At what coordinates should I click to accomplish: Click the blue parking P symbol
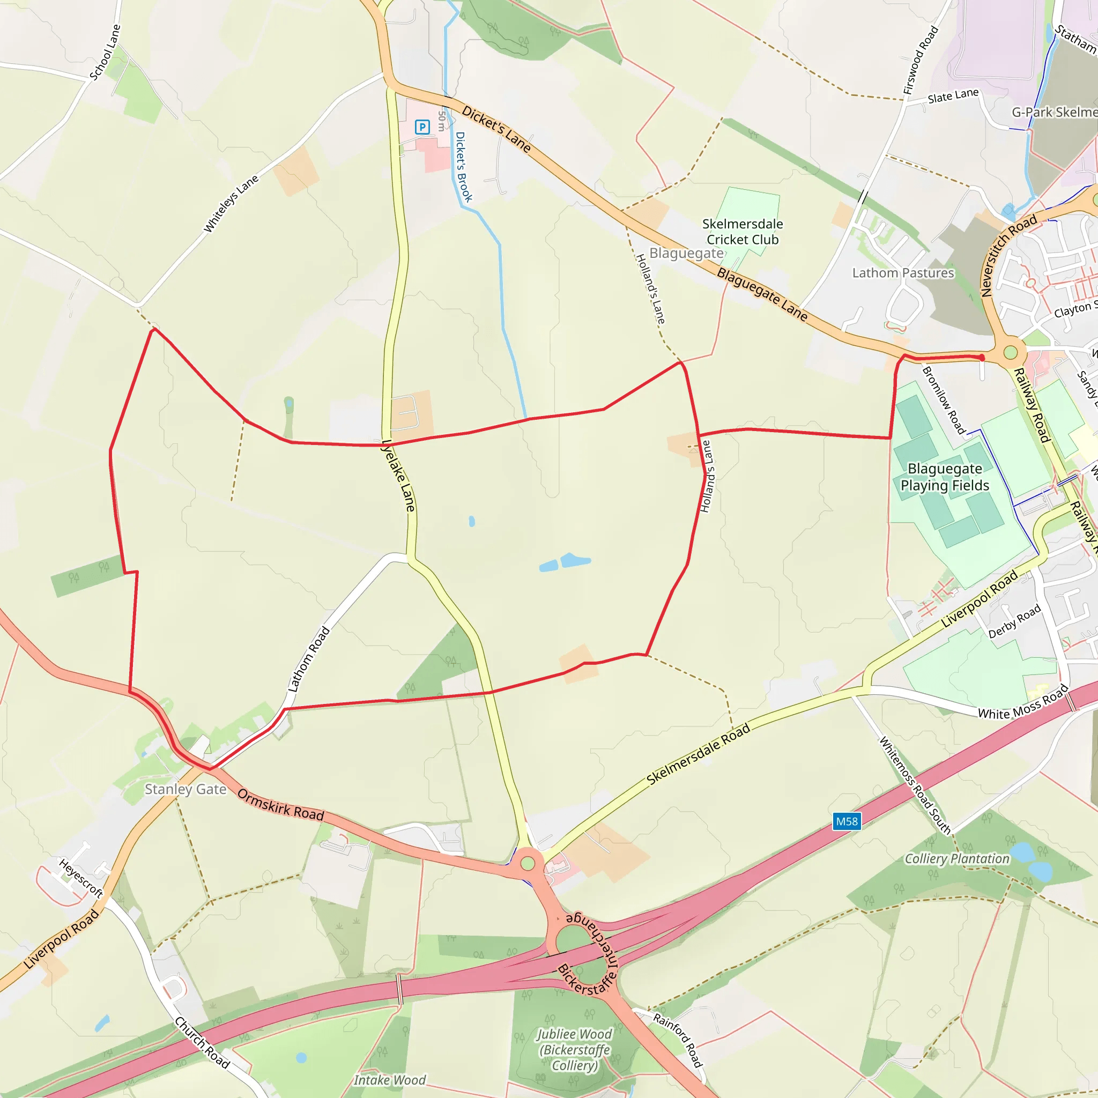[422, 127]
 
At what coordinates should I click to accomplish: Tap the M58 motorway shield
[846, 821]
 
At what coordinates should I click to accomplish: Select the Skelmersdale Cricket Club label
[742, 232]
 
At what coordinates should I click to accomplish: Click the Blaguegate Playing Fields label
[945, 477]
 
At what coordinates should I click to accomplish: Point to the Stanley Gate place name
[186, 789]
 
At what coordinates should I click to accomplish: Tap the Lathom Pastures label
[902, 273]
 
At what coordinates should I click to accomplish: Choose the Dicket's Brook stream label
[464, 167]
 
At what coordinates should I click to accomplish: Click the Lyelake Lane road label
[398, 475]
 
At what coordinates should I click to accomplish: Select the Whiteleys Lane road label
[231, 203]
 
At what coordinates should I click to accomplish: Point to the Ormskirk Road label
[281, 804]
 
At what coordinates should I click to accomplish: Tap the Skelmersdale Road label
[699, 754]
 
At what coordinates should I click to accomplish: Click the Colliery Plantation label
[957, 859]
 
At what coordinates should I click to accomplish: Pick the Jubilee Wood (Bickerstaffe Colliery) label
[575, 1050]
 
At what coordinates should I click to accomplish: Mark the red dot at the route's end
[982, 358]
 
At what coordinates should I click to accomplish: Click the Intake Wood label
[389, 1080]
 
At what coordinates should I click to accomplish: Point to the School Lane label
[105, 53]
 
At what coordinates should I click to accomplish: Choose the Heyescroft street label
[81, 878]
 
